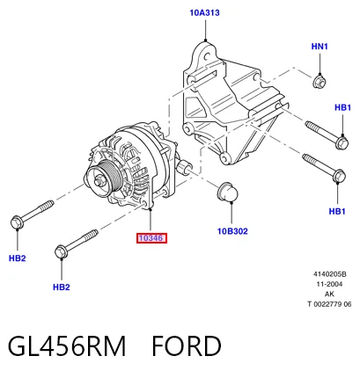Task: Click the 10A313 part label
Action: click(x=204, y=13)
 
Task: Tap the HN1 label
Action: click(x=320, y=47)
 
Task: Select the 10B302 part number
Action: click(x=232, y=231)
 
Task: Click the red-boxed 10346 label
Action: click(x=151, y=238)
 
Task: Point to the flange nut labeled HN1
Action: click(x=319, y=82)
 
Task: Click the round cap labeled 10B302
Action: click(x=227, y=192)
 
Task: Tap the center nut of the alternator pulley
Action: click(x=99, y=181)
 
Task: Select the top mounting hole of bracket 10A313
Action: click(x=206, y=55)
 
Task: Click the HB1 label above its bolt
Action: click(x=342, y=107)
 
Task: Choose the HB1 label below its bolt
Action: click(x=337, y=211)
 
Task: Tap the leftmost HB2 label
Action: click(x=18, y=258)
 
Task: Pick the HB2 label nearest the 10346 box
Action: click(x=62, y=287)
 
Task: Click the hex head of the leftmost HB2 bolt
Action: click(x=17, y=222)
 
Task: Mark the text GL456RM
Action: click(x=67, y=345)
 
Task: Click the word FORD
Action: click(x=187, y=345)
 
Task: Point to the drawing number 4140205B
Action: click(x=330, y=274)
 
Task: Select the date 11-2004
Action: click(x=329, y=284)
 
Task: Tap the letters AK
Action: click(x=329, y=294)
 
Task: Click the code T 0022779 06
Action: click(x=329, y=304)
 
